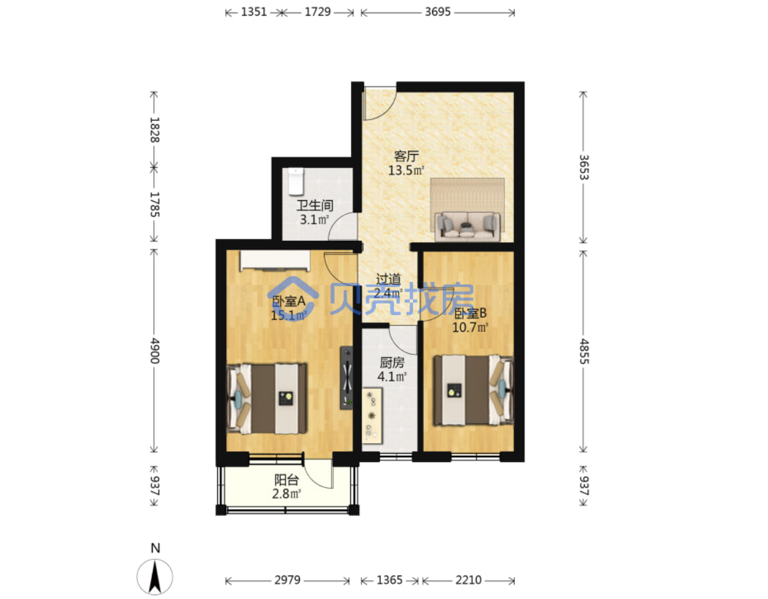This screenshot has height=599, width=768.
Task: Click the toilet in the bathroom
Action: point(296,181)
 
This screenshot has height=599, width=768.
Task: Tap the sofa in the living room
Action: point(467,226)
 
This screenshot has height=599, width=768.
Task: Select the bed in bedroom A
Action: point(267,398)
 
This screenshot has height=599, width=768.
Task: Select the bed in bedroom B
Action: point(473,390)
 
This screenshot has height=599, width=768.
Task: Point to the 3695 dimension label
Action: point(437,12)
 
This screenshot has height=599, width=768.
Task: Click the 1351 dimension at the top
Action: point(253,12)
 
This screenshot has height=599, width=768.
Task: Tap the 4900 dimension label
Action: point(155,351)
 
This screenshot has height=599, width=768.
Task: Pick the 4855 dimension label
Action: point(584,351)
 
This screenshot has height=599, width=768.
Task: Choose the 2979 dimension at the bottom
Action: point(287,580)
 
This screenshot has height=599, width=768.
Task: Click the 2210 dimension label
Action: point(468,580)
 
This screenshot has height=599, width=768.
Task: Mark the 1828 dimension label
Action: point(155,130)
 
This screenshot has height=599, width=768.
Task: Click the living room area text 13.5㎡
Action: point(406,171)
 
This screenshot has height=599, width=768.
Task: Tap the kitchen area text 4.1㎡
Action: point(392,377)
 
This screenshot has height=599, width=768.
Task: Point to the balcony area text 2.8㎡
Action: point(286,494)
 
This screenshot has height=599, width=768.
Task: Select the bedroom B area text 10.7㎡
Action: point(470,328)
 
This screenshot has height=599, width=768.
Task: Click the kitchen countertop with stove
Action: point(373,416)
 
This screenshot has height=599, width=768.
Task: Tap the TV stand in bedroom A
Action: point(347,378)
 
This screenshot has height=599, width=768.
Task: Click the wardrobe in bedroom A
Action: point(275,261)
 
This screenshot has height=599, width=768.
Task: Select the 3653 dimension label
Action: point(584,167)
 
